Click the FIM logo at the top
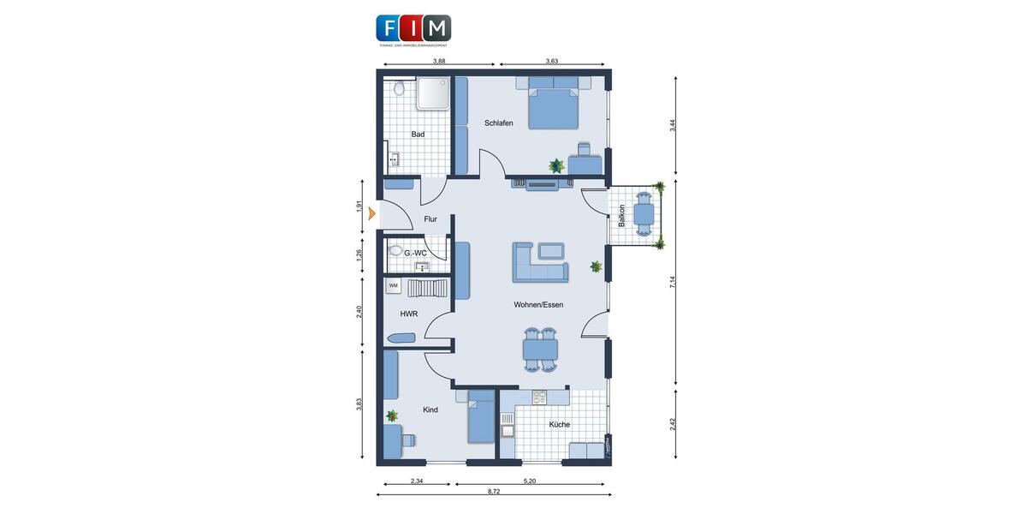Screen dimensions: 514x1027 click(413, 28)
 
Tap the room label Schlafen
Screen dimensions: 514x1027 click(499, 123)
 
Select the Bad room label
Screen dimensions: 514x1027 click(418, 134)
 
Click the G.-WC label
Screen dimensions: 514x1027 click(415, 253)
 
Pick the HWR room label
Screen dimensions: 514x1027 click(409, 314)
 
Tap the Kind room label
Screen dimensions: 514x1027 click(430, 410)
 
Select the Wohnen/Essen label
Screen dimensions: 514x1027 click(538, 305)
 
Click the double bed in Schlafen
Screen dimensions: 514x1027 click(554, 102)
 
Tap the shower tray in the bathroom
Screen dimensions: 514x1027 click(434, 93)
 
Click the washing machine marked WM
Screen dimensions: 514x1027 click(394, 286)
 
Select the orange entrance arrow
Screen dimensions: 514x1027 click(372, 214)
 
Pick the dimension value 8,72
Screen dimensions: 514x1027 click(495, 492)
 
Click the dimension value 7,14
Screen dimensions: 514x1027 click(673, 282)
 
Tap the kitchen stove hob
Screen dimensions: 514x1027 click(539, 397)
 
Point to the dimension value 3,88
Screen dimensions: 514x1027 click(439, 61)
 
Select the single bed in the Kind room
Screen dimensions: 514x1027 click(481, 417)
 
